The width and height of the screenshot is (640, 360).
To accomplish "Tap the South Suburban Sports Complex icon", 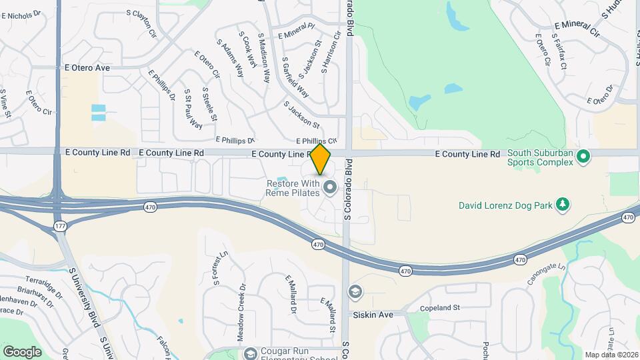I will pos(584,157).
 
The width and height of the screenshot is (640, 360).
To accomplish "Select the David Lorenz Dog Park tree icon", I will pos(563,204).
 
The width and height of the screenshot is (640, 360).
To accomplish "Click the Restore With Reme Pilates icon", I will pos(329,187).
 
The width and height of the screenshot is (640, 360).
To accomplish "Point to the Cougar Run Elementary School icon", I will pos(251,353).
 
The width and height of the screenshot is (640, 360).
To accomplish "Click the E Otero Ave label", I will pos(87,67).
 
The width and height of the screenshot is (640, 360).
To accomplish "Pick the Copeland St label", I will pos(441,308).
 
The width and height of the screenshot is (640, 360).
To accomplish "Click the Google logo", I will pos(22,351).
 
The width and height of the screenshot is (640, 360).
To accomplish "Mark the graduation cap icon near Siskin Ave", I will pos(355,291).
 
